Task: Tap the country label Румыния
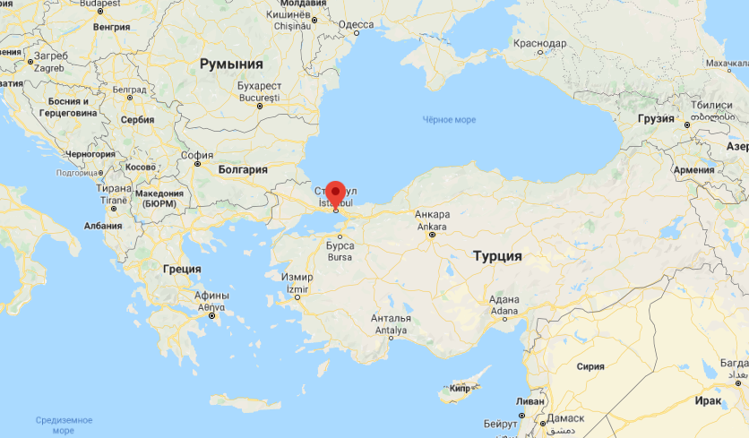[x=231, y=64]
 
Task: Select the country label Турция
[x=497, y=256]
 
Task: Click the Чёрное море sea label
[x=449, y=120]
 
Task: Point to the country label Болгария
[x=243, y=168]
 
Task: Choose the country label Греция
[x=182, y=269]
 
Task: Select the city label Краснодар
[x=541, y=43]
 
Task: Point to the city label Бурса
[x=340, y=245]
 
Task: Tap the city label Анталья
[x=392, y=319]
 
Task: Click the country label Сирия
[x=590, y=366]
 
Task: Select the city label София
[x=197, y=154]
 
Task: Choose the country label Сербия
[x=137, y=119]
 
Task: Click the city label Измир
[x=297, y=279]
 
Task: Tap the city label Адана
[x=504, y=300]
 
